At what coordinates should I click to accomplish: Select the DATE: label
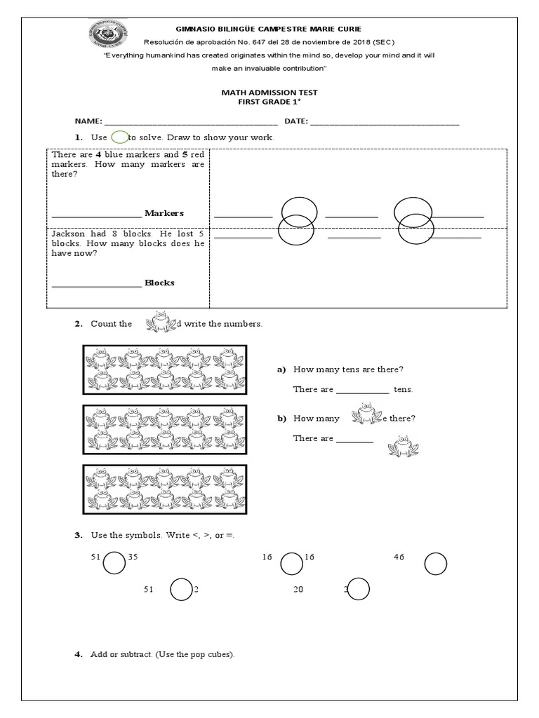point(296,121)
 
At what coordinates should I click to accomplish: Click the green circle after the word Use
point(119,137)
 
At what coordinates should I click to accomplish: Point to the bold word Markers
point(164,212)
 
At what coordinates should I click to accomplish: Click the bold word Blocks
point(159,283)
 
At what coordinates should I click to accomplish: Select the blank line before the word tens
point(362,390)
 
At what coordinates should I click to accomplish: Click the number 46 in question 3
point(399,557)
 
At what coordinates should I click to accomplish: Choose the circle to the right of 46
point(436,562)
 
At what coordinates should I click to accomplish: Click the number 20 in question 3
point(298,590)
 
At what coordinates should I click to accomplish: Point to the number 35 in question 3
point(133,557)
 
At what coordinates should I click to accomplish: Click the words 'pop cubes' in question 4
point(211,654)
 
